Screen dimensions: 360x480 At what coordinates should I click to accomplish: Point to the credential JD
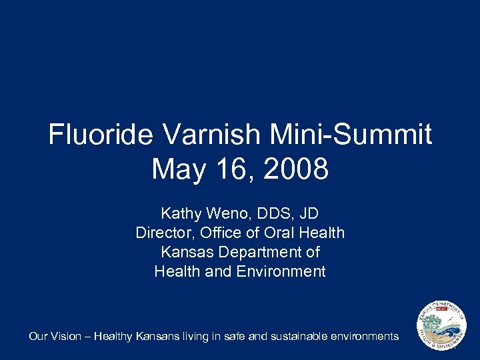(308, 214)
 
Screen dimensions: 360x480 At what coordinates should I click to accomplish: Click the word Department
(258, 253)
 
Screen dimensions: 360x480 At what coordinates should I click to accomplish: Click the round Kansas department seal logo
(442, 327)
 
